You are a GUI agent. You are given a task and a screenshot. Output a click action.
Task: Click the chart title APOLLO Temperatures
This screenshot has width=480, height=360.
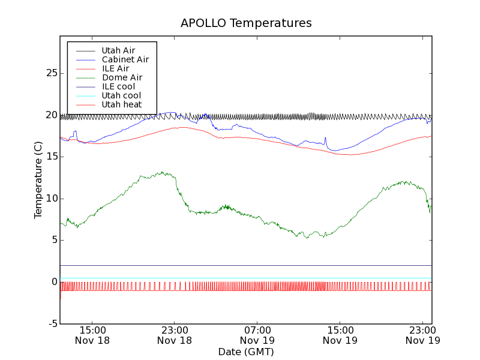[246, 23]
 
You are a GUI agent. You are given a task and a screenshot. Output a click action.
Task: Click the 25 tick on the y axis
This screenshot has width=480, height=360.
[51, 73]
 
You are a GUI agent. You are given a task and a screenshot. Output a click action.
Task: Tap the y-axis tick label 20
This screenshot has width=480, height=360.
[51, 115]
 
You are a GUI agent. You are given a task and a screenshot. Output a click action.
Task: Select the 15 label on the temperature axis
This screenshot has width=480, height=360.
[51, 157]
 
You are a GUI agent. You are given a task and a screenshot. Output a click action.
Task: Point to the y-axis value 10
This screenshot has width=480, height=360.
[51, 199]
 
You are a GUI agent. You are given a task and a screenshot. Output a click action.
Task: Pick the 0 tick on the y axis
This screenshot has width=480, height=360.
[55, 282]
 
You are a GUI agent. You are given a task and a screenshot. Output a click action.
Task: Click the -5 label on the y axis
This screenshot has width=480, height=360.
[53, 324]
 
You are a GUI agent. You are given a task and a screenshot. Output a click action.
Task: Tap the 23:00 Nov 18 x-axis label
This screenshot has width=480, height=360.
[174, 335]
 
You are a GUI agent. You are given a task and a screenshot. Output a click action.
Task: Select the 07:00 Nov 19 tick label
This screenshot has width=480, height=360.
[257, 335]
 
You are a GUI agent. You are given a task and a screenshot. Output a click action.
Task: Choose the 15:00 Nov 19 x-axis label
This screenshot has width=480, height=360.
[340, 335]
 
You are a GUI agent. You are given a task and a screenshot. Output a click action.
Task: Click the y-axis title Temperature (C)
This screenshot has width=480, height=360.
[38, 180]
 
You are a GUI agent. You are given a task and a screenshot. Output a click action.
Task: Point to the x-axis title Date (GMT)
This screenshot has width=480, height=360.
[246, 352]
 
